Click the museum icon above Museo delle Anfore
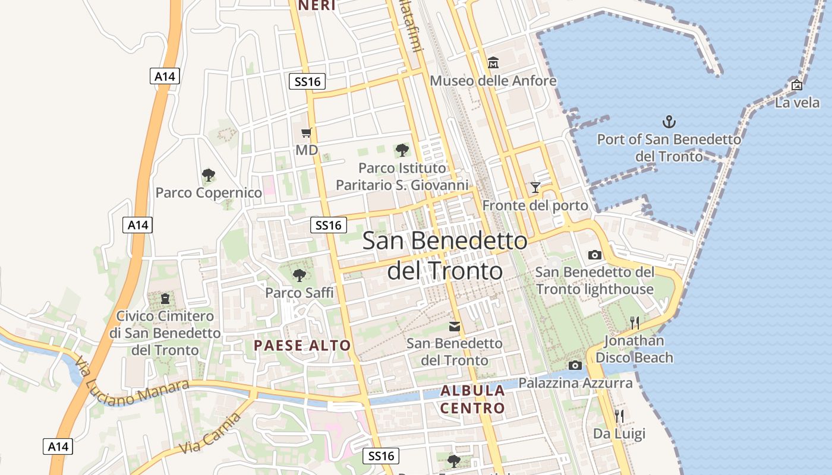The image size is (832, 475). coord(493,62)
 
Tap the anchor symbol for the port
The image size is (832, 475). coord(669,122)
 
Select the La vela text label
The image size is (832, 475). coord(797,102)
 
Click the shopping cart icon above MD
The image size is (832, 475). coord(306,132)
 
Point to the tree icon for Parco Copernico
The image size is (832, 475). coord(208,175)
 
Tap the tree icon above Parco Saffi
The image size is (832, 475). coord(300,275)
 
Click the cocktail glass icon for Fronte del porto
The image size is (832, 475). coord(535,188)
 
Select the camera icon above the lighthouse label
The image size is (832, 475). coord(594,255)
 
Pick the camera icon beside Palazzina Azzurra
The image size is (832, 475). coord(575,365)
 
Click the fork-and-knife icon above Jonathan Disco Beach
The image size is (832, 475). coord(635,323)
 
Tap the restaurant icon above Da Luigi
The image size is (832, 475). coord(619,416)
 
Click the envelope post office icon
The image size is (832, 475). coord(455,326)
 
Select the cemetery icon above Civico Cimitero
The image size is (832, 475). coord(165,298)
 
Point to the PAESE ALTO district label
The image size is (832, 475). coord(302,345)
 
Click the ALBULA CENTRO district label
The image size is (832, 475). coord(472,399)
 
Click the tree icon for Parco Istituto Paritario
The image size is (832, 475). coord(402,150)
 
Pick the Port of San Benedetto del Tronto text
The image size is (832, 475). coord(669,147)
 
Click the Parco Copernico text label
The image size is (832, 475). coord(209,193)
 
